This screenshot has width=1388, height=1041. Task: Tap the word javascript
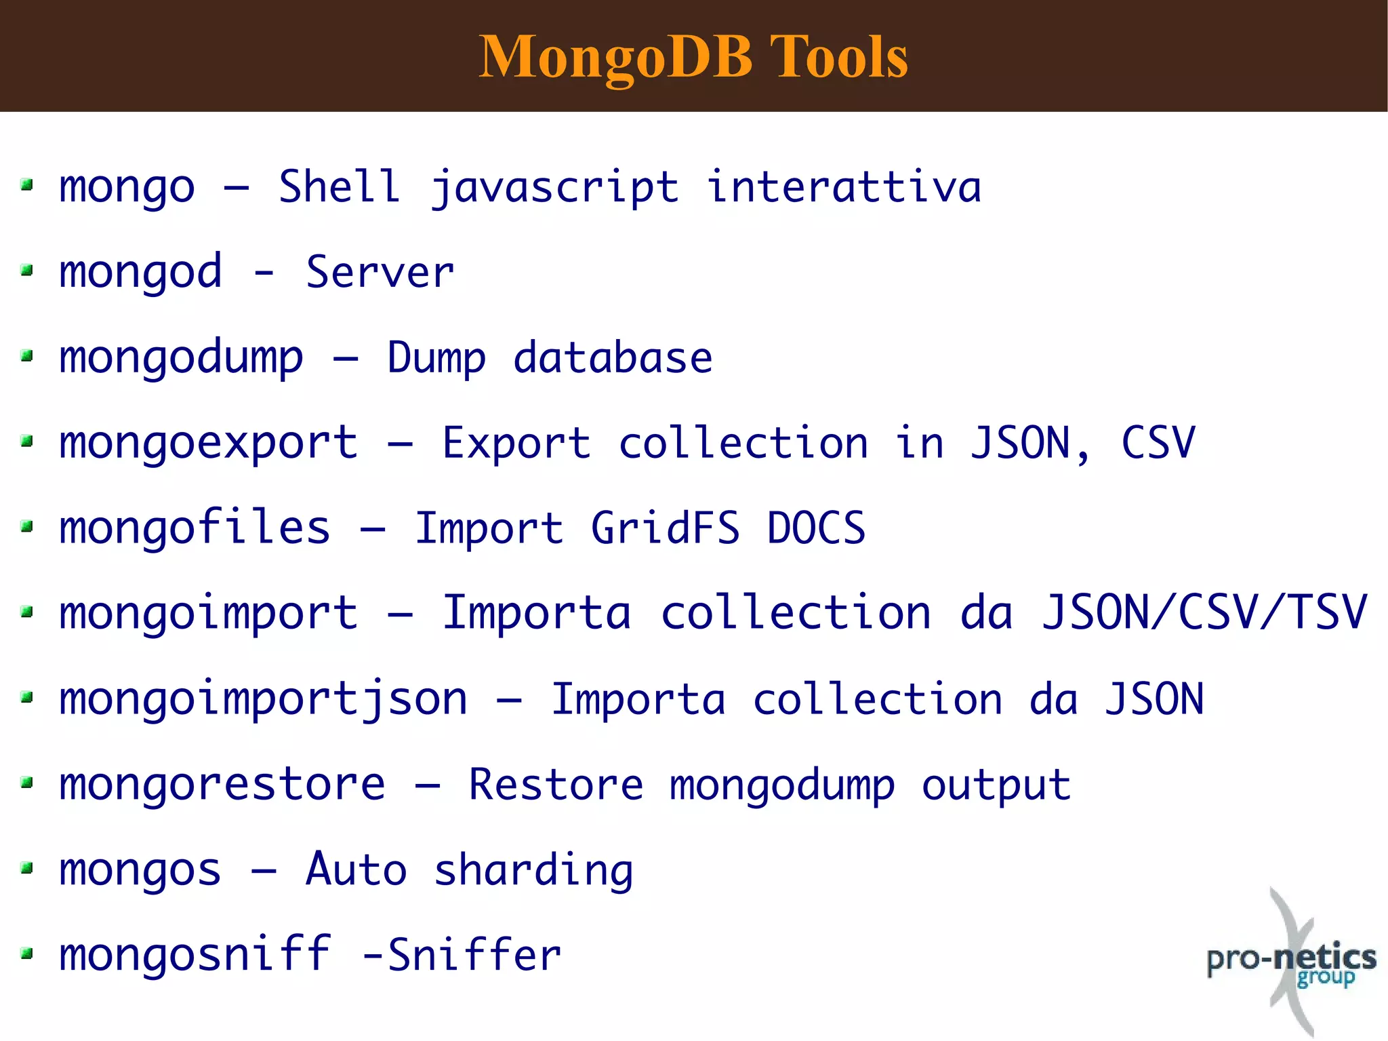[x=554, y=188]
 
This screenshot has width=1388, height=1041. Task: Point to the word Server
[x=380, y=273]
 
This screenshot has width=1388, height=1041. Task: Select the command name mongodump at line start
[x=181, y=359]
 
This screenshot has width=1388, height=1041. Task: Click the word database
[x=613, y=357]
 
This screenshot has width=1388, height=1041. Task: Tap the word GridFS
[x=665, y=528]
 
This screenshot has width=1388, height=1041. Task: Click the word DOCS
[x=816, y=528]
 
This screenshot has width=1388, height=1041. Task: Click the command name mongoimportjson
[x=263, y=700]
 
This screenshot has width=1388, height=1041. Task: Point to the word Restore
[x=556, y=785]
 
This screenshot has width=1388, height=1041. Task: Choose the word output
[x=996, y=786]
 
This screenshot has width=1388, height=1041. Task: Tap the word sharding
[x=533, y=871]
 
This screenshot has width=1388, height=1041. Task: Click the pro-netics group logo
[x=1291, y=962]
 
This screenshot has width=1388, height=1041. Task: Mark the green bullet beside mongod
[x=27, y=271]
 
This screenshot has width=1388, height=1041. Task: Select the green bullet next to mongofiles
[x=27, y=526]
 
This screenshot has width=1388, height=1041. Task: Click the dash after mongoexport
[x=400, y=444]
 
